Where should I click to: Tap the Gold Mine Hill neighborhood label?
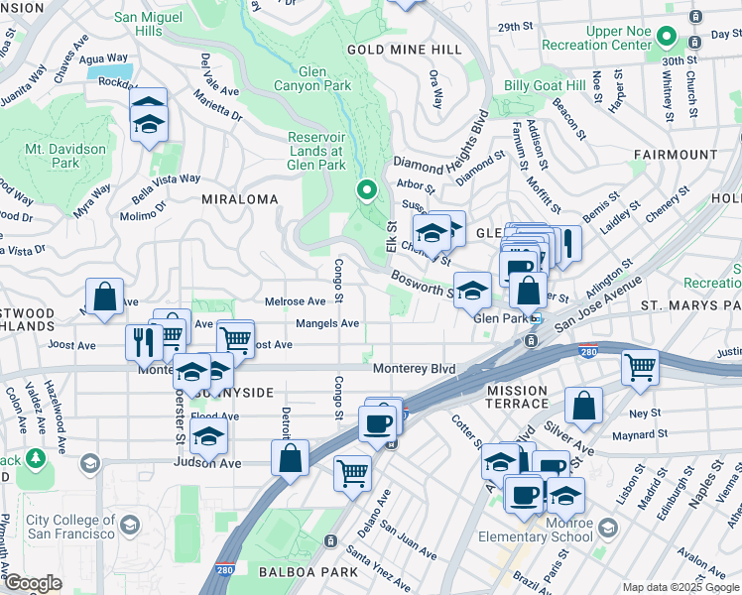click(404, 50)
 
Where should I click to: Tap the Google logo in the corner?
click(32, 583)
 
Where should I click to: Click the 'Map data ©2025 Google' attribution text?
click(680, 587)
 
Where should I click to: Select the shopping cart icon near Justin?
click(640, 367)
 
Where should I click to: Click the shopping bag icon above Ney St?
click(584, 405)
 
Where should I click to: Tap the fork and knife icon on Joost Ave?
click(144, 341)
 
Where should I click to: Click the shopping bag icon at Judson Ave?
click(291, 458)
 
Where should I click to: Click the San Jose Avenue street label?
click(598, 308)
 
